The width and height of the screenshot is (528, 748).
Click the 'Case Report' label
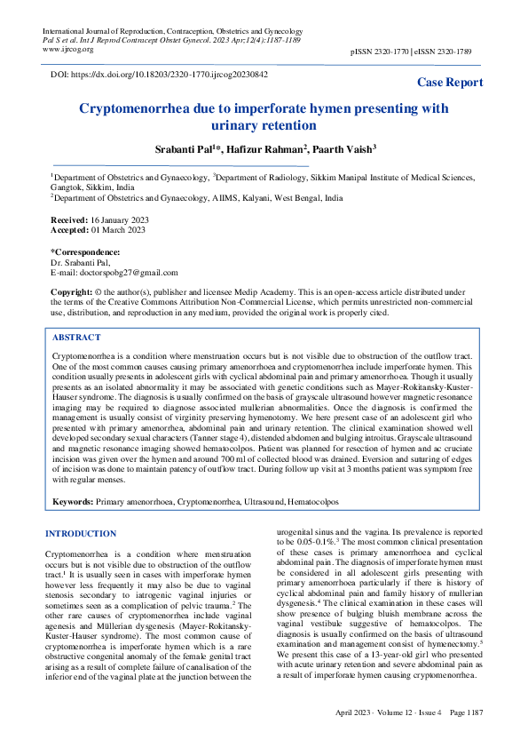point(450,83)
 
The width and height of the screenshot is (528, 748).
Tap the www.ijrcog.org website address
point(69,49)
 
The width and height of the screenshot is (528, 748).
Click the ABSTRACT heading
point(76,338)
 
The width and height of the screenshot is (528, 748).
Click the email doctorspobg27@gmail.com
point(127,273)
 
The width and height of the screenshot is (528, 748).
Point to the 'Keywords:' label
point(73,502)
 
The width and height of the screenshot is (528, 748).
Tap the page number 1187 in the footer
point(469,737)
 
